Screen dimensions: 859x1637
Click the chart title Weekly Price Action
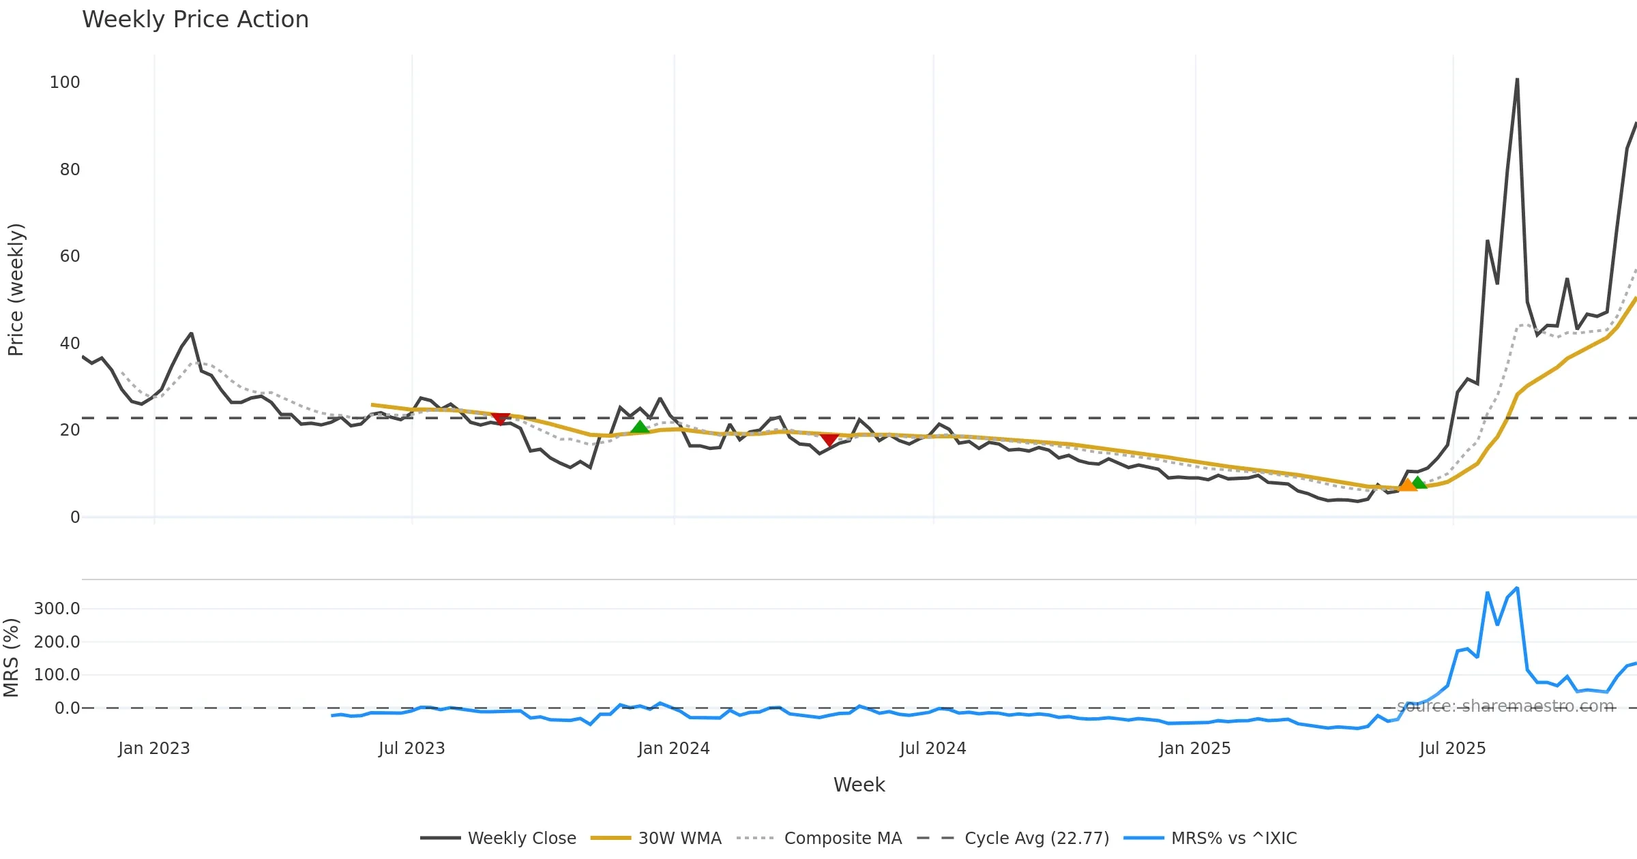click(195, 20)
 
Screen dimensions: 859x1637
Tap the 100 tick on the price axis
click(65, 82)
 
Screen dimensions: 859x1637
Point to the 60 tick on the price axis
click(70, 256)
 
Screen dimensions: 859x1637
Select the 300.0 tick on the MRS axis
click(57, 609)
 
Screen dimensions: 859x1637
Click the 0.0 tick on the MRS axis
click(68, 708)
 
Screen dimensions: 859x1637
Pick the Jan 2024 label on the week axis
click(674, 749)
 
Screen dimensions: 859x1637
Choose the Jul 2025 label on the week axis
click(1452, 749)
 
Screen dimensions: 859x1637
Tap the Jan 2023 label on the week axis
click(154, 749)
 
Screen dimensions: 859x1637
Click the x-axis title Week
click(859, 785)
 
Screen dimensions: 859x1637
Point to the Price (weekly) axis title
click(16, 290)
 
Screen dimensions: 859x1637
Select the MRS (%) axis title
click(11, 658)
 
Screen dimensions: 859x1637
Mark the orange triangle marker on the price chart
click(1407, 485)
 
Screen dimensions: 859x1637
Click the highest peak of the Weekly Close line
click(1517, 79)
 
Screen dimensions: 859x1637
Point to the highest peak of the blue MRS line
click(1517, 588)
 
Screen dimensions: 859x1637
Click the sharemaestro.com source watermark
click(1505, 706)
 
